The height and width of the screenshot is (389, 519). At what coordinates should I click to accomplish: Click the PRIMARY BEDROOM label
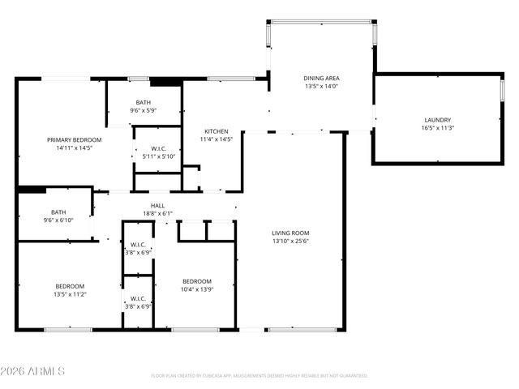click(74, 140)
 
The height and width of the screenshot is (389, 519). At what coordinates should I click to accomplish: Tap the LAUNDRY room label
click(437, 120)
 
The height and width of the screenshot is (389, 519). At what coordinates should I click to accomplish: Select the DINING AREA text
click(320, 78)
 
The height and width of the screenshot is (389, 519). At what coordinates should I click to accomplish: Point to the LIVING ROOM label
click(290, 233)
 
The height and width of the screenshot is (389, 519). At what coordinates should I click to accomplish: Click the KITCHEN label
click(216, 131)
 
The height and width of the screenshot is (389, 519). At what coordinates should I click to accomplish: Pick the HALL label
click(157, 206)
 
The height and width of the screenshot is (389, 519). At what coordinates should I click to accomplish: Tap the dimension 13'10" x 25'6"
click(290, 241)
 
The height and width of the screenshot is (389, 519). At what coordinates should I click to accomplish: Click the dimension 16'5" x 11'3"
click(437, 128)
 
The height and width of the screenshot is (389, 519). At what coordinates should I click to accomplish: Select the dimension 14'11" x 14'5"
click(74, 148)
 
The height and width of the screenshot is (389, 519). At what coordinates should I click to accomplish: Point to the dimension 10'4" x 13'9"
click(196, 289)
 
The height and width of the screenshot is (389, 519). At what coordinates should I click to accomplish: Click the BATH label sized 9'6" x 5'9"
click(143, 102)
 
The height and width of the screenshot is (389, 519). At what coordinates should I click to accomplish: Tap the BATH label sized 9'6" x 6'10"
click(58, 212)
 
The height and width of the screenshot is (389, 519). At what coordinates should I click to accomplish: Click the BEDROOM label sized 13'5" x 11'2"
click(70, 286)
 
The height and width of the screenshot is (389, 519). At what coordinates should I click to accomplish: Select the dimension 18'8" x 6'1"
click(157, 214)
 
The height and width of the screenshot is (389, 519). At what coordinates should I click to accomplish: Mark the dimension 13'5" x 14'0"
click(320, 86)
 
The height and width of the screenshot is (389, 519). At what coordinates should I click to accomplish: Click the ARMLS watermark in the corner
click(33, 371)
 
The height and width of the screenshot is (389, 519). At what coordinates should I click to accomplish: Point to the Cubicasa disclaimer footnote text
click(259, 376)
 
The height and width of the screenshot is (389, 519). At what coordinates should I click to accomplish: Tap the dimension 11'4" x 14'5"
click(216, 139)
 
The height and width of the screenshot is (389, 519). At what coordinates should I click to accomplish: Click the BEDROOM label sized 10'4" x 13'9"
click(196, 281)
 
